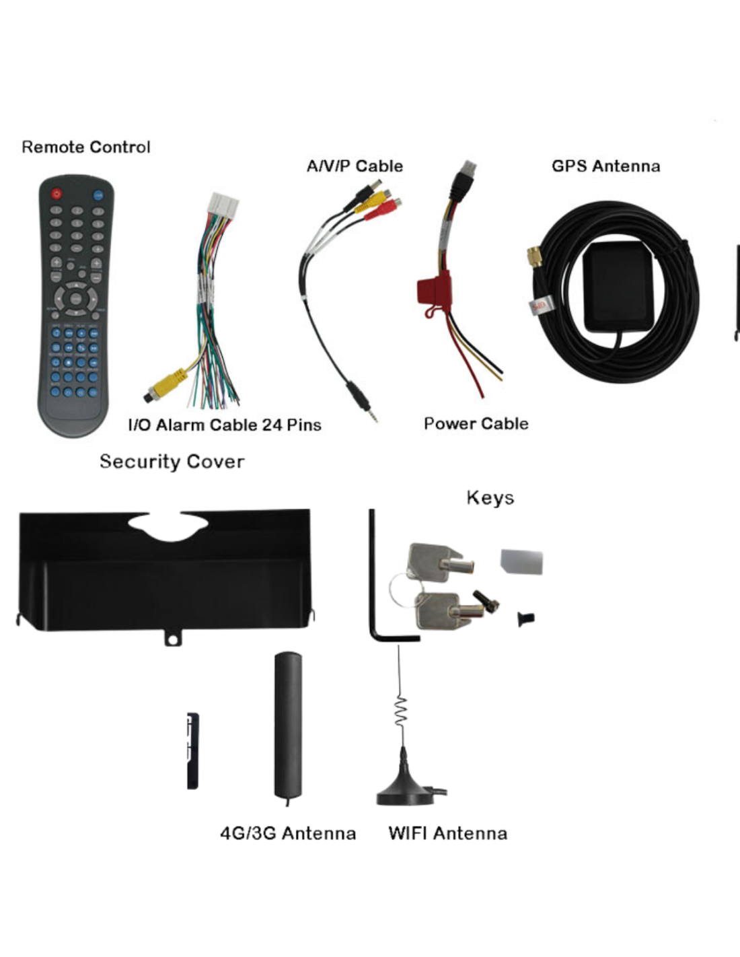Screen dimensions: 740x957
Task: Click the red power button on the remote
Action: point(57,193)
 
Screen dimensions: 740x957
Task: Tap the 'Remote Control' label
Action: point(86,147)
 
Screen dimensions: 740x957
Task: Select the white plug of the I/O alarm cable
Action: point(224,205)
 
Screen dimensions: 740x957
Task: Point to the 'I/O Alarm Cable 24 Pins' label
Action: point(225,425)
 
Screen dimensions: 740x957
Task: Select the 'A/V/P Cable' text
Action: point(355,166)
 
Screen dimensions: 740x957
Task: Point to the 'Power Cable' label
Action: point(476,424)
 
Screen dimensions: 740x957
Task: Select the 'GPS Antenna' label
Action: point(605,166)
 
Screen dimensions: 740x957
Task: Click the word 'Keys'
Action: point(490,497)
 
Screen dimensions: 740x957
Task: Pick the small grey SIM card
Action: point(521,561)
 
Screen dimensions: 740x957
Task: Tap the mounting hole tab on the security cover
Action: point(173,638)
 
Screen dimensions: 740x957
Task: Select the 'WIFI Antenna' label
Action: point(447,834)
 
